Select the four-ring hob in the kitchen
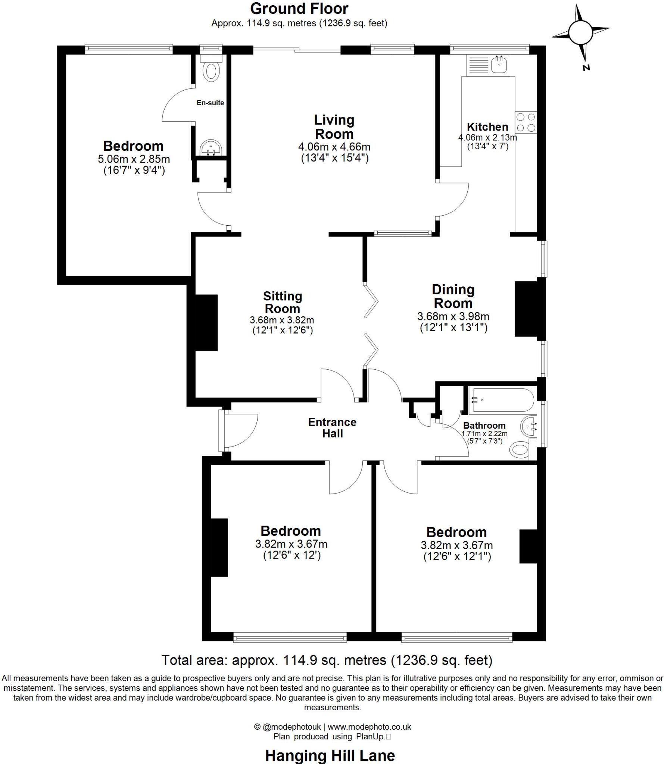[526, 122]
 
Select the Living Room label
[334, 127]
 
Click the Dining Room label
[453, 296]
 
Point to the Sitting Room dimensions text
[282, 325]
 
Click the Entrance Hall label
[332, 428]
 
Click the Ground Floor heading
[299, 9]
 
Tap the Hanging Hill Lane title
[330, 756]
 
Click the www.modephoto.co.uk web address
[369, 727]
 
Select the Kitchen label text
[487, 126]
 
